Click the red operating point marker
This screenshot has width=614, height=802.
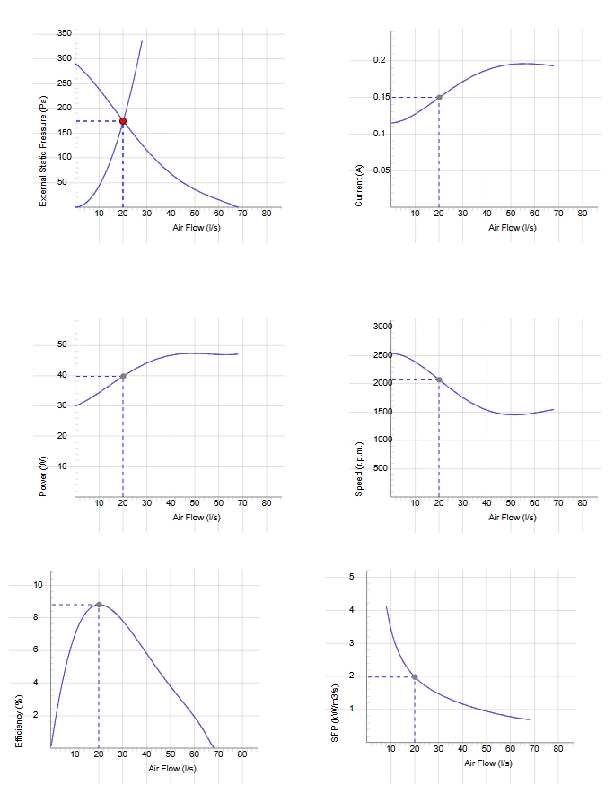tap(123, 121)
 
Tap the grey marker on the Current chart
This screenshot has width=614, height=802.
tap(439, 97)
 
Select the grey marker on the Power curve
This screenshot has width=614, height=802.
tap(123, 376)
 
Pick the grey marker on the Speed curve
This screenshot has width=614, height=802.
tap(439, 380)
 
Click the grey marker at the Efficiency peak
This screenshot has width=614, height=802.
tap(99, 605)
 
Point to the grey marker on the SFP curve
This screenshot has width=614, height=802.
tap(415, 677)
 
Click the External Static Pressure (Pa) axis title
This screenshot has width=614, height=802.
tap(43, 152)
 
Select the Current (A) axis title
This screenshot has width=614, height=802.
tap(359, 186)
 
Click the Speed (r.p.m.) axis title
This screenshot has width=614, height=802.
tap(359, 468)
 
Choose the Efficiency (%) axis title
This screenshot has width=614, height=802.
tap(19, 721)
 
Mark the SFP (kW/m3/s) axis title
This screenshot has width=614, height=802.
tap(335, 713)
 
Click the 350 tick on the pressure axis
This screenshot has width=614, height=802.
tap(65, 33)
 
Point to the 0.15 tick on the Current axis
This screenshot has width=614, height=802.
tap(382, 97)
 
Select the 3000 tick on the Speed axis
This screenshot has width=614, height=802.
tap(382, 327)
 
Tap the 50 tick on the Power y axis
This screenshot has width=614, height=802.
tap(63, 344)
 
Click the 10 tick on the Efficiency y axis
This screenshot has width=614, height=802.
tap(39, 585)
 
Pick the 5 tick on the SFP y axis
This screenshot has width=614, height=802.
tap(352, 577)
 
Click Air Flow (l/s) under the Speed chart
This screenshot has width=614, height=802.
tap(513, 518)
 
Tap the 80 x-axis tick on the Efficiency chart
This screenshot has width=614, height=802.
tap(242, 754)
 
